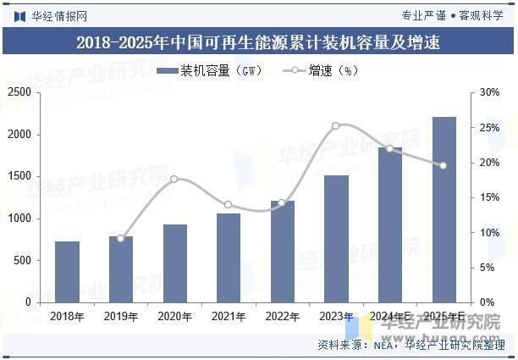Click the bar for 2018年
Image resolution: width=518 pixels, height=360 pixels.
pos(68,272)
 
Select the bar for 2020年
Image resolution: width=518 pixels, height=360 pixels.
pos(175,263)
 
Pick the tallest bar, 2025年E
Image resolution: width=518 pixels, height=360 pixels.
pos(444,209)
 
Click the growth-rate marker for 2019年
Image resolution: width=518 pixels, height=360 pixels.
pos(121,238)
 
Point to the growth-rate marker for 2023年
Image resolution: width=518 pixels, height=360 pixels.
pos(336,125)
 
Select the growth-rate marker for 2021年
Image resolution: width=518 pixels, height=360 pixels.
pos(229,204)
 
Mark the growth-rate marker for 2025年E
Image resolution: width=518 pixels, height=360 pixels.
pos(443,165)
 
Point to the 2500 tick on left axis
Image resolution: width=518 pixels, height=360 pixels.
pos(19,92)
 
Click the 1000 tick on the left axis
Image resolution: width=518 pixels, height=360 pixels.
pos(19,219)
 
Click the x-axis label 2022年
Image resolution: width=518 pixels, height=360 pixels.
pos(283,316)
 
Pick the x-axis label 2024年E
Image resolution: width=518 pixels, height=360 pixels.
pos(389,316)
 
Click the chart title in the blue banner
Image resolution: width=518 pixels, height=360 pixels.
pos(258,42)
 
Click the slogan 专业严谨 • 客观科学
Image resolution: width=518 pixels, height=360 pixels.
pos(451,14)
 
